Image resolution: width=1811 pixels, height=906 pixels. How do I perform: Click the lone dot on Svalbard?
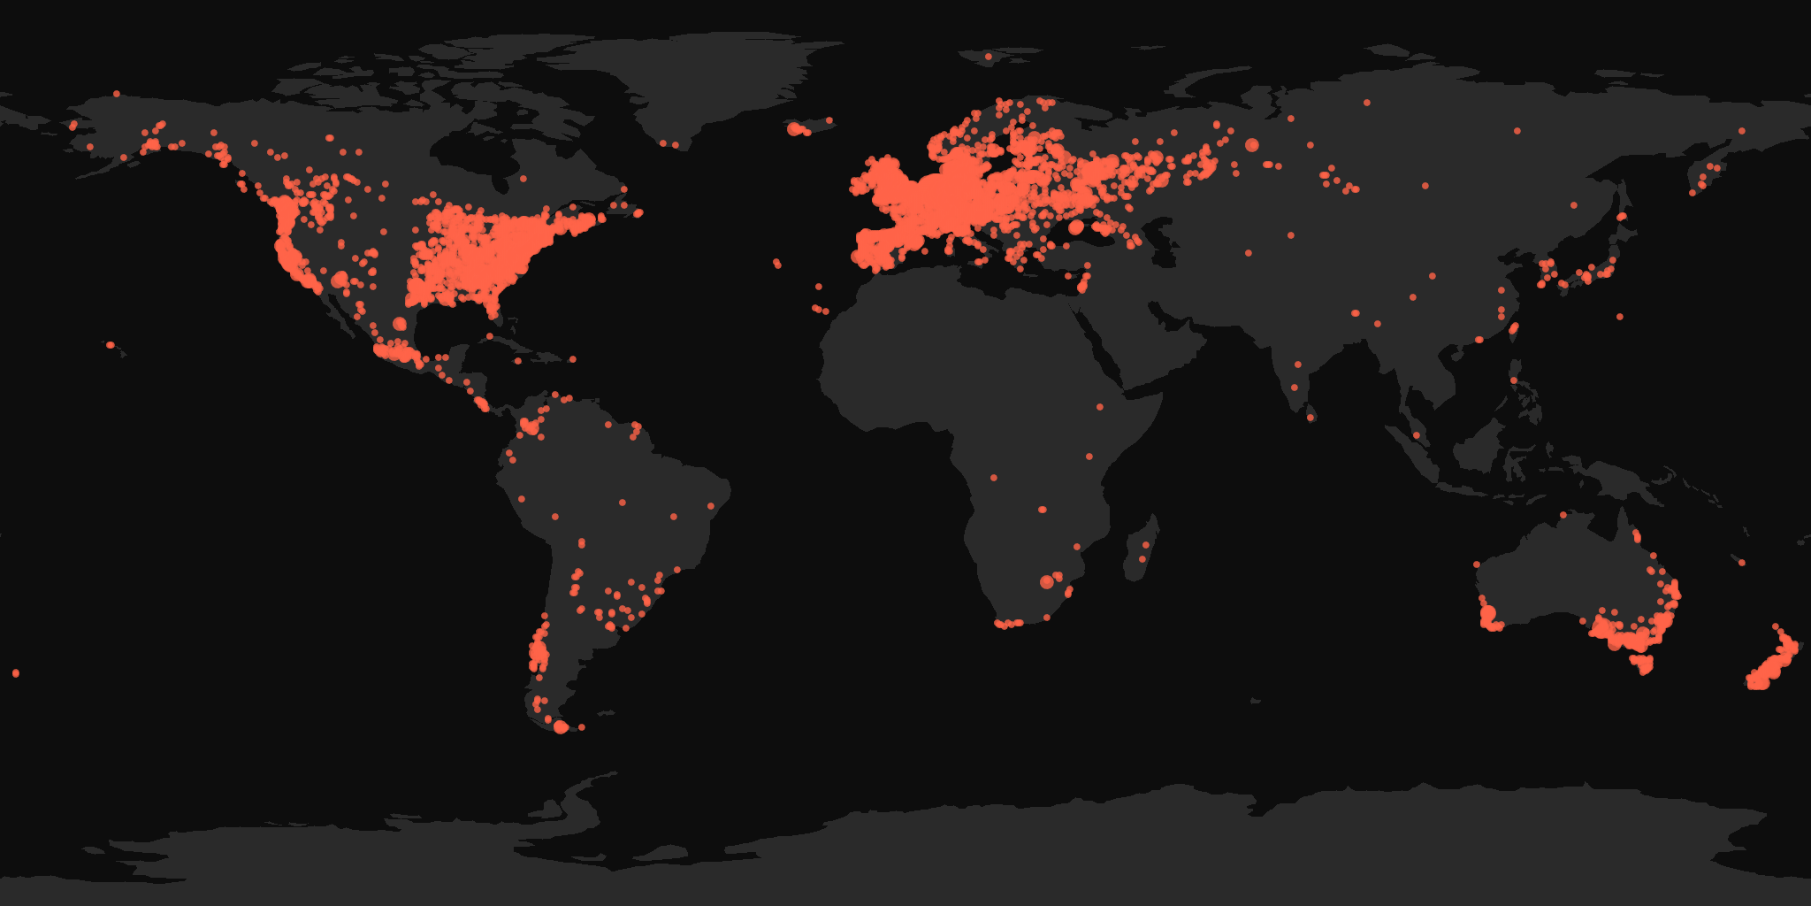pyautogui.click(x=988, y=57)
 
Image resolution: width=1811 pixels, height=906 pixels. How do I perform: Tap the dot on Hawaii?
pyautogui.click(x=110, y=345)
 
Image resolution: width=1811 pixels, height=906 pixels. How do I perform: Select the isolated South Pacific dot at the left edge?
pyautogui.click(x=16, y=673)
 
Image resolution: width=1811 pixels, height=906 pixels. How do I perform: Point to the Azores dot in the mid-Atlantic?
pyautogui.click(x=776, y=263)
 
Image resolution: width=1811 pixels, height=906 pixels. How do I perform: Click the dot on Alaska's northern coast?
pyautogui.click(x=117, y=94)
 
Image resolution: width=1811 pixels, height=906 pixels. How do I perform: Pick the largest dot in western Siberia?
pyautogui.click(x=1251, y=144)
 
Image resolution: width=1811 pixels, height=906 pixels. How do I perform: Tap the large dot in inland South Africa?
pyautogui.click(x=1047, y=581)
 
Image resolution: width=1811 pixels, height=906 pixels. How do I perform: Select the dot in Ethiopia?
pyautogui.click(x=1100, y=407)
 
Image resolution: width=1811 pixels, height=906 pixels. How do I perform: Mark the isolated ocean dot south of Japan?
pyautogui.click(x=1620, y=317)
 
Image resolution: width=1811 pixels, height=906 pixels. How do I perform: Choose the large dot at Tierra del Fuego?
pyautogui.click(x=561, y=726)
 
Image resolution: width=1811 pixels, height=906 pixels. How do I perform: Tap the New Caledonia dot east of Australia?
pyautogui.click(x=1741, y=563)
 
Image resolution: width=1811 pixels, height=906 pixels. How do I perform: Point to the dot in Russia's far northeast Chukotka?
pyautogui.click(x=1742, y=131)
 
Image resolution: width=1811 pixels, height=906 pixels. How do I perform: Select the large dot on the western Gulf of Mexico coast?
pyautogui.click(x=400, y=324)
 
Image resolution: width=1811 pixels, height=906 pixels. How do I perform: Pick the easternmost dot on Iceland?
pyautogui.click(x=829, y=120)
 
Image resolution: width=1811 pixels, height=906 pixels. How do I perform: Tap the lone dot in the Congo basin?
pyautogui.click(x=994, y=478)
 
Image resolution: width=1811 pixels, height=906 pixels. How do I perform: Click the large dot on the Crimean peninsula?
pyautogui.click(x=1075, y=227)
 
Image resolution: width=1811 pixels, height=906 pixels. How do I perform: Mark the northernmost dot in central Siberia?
pyautogui.click(x=1367, y=103)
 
